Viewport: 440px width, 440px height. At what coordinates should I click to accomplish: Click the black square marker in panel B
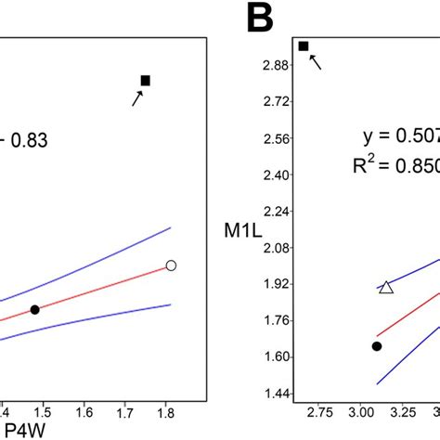coord(304,45)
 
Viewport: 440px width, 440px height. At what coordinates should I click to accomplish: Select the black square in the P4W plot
coord(145,81)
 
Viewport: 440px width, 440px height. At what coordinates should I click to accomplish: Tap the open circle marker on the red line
coord(171,265)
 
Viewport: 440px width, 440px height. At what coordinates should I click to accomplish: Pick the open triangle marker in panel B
coord(386,288)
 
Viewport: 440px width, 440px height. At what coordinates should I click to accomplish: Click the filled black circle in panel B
coord(377,346)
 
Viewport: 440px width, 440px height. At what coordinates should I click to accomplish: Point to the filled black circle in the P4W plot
coord(34,309)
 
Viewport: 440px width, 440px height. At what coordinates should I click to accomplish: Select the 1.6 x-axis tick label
coord(84,409)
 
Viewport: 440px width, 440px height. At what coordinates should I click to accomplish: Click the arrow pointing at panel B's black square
coord(317,62)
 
